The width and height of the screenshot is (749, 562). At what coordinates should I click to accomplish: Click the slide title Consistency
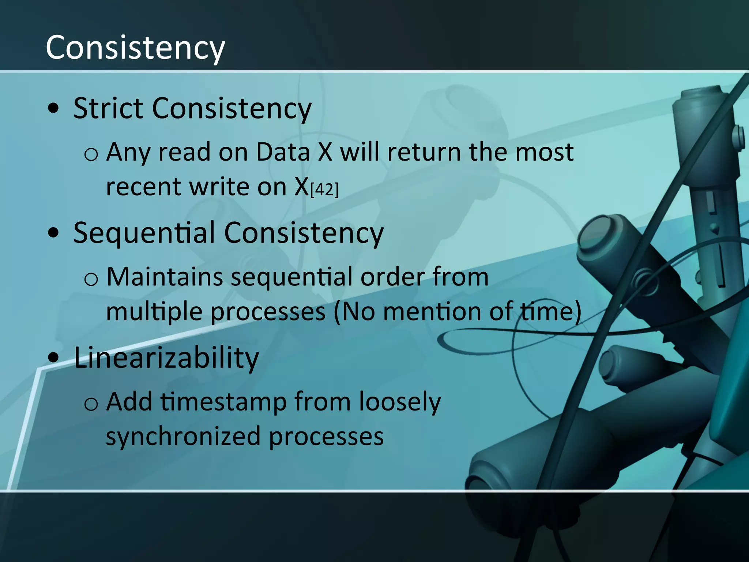point(135,48)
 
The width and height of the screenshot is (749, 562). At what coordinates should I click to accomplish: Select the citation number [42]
point(324,190)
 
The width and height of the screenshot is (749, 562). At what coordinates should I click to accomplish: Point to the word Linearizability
point(166,357)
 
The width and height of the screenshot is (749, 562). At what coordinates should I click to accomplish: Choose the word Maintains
point(165,277)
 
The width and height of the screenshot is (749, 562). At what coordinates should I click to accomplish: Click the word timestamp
point(223,402)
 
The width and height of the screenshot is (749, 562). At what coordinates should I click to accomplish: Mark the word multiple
point(154,312)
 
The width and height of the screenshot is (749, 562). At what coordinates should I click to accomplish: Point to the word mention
point(431,312)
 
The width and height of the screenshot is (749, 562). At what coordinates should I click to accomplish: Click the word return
point(424,152)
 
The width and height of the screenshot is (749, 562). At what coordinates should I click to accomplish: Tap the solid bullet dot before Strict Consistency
point(53,109)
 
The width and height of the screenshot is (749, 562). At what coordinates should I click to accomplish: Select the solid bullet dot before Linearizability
point(53,357)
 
